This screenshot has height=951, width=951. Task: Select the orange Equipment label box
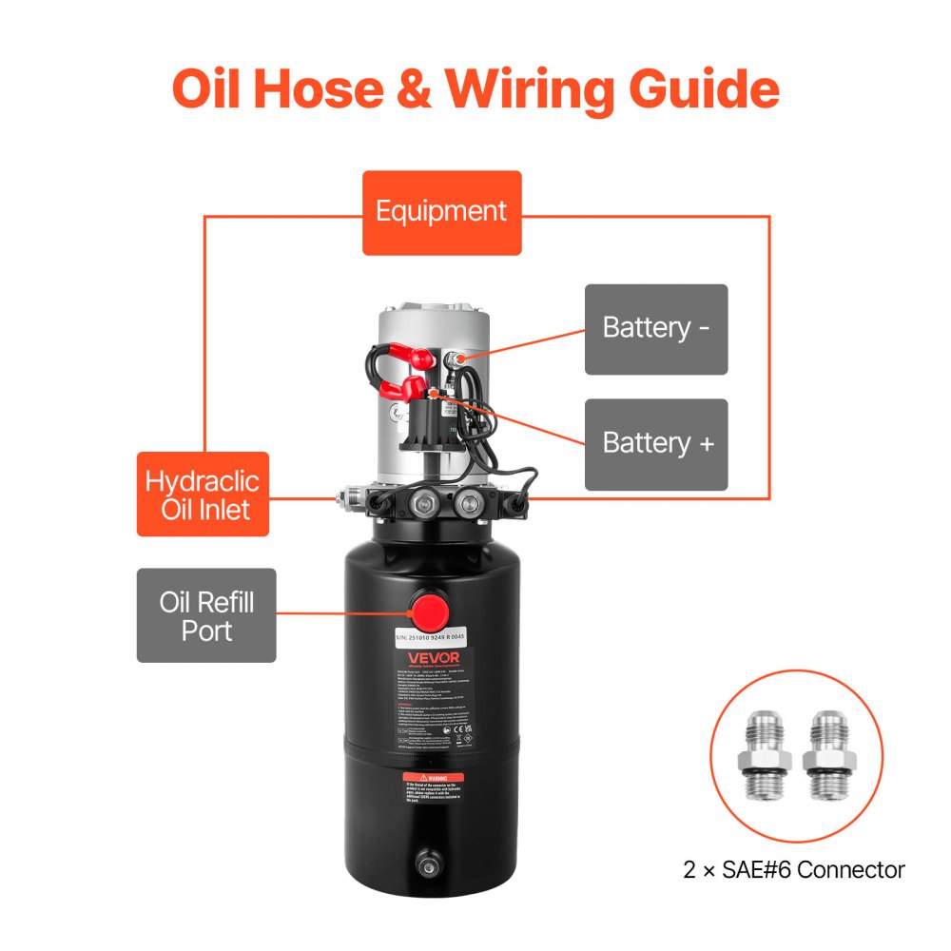pyautogui.click(x=441, y=212)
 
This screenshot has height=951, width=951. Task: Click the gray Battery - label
pyautogui.click(x=655, y=329)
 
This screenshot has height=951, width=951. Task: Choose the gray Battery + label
pyautogui.click(x=655, y=444)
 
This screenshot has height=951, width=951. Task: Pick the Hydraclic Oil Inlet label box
pyautogui.click(x=203, y=495)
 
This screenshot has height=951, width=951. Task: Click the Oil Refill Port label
pyautogui.click(x=206, y=615)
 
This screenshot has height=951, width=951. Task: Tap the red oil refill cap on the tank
pyautogui.click(x=431, y=609)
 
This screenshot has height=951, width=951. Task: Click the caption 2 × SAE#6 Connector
pyautogui.click(x=794, y=869)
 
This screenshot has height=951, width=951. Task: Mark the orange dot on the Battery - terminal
pyautogui.click(x=458, y=359)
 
